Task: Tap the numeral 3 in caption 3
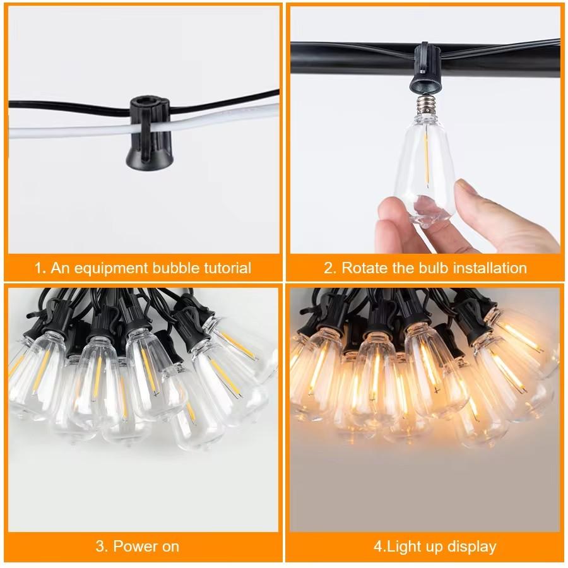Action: (x=100, y=546)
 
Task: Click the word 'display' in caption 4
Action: (x=470, y=546)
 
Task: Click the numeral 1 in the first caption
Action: (x=38, y=268)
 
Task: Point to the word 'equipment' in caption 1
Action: (x=110, y=268)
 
